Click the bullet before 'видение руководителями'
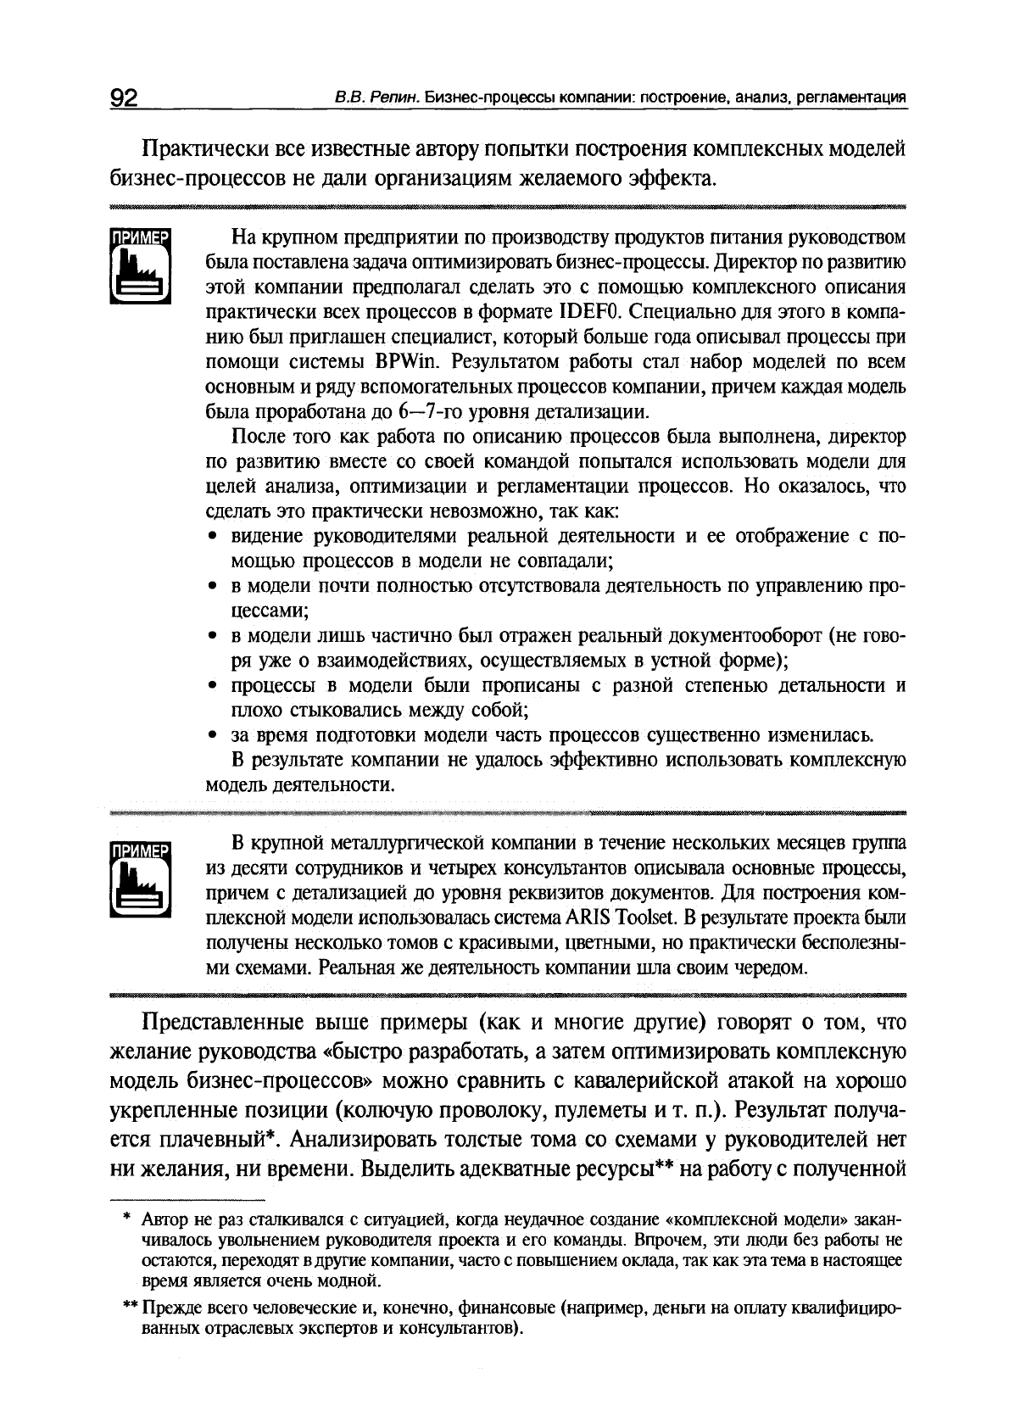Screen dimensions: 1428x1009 (213, 537)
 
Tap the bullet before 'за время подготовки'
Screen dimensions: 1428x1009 (213, 735)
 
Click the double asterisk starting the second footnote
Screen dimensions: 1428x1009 (129, 1307)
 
